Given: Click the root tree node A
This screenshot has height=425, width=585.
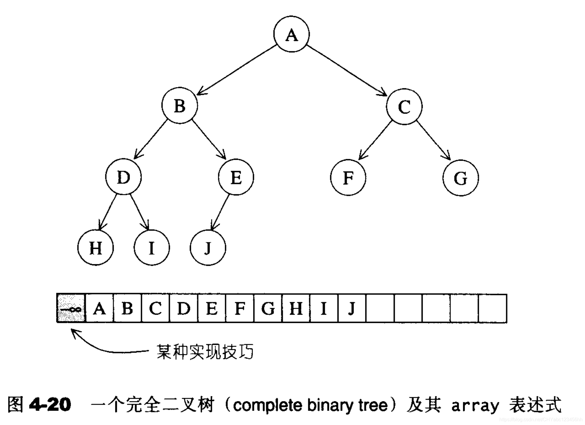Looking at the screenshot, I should (x=291, y=34).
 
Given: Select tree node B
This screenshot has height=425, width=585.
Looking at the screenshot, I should (x=180, y=105).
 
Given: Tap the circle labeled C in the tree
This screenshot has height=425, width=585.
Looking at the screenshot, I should (x=404, y=106).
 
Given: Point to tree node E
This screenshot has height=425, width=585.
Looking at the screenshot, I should (x=236, y=177).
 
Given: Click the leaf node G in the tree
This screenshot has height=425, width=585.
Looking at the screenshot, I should (x=460, y=178).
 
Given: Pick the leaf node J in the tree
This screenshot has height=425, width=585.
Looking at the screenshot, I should (x=208, y=248).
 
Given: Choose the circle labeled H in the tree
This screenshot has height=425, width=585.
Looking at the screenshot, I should (x=96, y=248).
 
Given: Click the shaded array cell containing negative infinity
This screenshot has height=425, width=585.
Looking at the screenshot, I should (x=71, y=308).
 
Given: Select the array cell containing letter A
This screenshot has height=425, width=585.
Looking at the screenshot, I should (x=99, y=308).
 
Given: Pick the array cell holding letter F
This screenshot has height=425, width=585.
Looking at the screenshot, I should (x=240, y=308).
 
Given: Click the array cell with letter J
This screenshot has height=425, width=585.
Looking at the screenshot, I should (x=352, y=308).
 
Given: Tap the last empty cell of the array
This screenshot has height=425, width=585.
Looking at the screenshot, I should (x=492, y=308).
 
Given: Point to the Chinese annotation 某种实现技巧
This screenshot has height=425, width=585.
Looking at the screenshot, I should (x=205, y=352).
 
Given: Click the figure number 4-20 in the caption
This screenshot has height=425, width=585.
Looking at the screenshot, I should (x=50, y=405).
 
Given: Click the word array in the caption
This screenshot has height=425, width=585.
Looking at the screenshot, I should (x=475, y=406).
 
